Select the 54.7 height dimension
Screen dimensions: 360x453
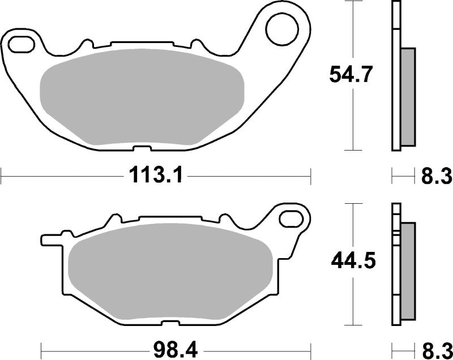click(351, 75)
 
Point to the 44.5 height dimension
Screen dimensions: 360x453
click(351, 262)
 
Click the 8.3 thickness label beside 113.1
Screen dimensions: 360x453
click(435, 176)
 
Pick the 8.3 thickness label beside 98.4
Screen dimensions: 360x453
click(435, 346)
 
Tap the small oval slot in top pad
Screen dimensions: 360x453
click(22, 42)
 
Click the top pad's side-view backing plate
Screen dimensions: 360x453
click(395, 76)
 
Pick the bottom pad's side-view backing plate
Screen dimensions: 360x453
click(395, 266)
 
